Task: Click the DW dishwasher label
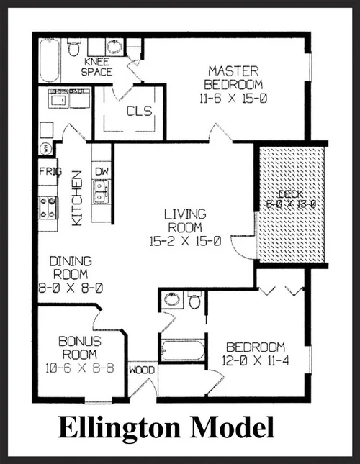101,173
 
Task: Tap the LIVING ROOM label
185,221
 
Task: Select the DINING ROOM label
69,268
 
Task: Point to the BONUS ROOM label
79,347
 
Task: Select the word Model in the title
238,429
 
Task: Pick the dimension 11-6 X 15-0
234,94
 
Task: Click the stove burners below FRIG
48,207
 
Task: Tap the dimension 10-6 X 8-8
79,368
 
